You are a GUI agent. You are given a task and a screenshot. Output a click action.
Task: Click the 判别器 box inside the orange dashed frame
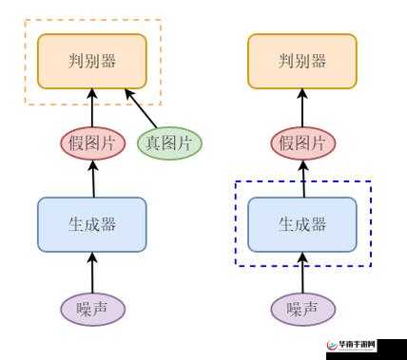92,60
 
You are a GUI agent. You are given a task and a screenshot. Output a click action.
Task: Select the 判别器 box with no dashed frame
302,60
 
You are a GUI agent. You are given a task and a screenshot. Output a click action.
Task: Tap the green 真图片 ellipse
168,143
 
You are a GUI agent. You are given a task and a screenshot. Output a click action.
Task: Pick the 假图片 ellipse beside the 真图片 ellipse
91,143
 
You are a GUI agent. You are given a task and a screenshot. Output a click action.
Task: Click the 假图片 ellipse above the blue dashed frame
302,143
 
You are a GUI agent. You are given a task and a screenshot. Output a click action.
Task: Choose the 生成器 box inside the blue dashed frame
302,224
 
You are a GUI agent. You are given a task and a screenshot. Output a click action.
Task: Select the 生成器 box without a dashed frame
92,224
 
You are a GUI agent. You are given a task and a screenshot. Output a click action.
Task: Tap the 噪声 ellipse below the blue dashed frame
302,308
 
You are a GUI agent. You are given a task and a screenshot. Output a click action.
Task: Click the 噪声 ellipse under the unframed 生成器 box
92,308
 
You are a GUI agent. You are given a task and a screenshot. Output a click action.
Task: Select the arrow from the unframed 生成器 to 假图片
92,179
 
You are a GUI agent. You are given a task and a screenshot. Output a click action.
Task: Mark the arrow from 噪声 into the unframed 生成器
92,272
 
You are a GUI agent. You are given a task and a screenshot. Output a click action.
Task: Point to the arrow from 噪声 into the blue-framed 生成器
302,272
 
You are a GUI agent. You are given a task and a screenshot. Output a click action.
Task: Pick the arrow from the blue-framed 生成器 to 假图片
302,179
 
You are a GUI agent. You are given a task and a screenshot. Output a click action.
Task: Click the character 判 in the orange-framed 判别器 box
77,61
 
